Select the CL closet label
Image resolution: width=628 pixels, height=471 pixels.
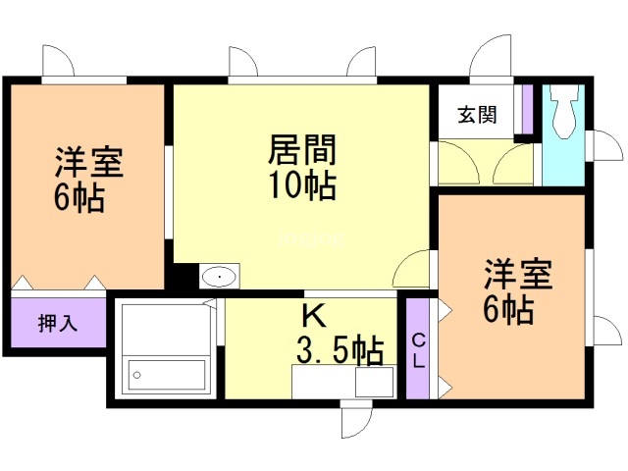(x=419, y=349)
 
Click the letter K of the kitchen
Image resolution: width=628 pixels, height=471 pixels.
(x=313, y=315)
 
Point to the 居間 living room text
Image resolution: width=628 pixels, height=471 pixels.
(x=302, y=151)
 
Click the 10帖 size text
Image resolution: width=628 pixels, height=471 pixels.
(x=302, y=183)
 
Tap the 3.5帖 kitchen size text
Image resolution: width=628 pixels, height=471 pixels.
(x=340, y=349)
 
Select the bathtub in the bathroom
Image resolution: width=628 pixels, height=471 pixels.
(x=167, y=375)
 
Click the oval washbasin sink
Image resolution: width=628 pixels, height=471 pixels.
(x=219, y=277)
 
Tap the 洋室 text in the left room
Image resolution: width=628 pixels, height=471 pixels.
(x=89, y=161)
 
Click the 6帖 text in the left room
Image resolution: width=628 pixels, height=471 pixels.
(x=79, y=197)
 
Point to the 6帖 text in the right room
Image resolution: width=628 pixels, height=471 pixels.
(x=508, y=310)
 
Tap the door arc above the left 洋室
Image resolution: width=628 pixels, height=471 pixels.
(x=58, y=61)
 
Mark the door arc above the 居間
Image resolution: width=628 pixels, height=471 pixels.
(x=245, y=61)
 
